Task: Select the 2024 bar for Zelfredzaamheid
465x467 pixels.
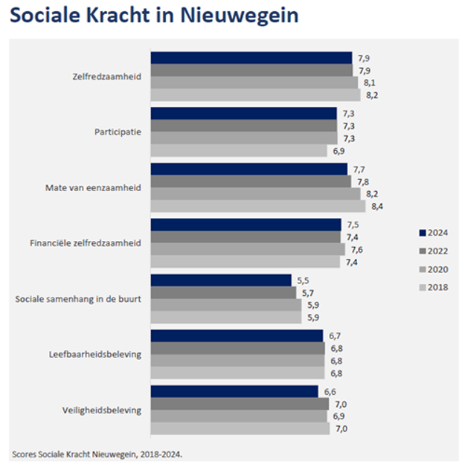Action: click(x=251, y=58)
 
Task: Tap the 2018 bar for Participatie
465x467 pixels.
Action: click(x=239, y=151)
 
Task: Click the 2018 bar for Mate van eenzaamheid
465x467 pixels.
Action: click(x=258, y=206)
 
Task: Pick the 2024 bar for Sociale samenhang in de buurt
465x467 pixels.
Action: click(x=221, y=280)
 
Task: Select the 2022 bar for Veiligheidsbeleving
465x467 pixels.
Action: click(x=240, y=404)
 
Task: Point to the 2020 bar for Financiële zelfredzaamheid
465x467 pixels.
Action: click(x=248, y=249)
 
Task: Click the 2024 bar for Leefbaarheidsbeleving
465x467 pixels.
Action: click(x=237, y=335)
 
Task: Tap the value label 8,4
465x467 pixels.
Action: click(x=376, y=206)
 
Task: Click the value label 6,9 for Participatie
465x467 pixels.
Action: click(x=339, y=151)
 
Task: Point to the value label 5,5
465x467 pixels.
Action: click(x=302, y=280)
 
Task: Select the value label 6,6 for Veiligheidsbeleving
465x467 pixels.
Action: click(x=330, y=391)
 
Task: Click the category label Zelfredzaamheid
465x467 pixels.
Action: click(x=107, y=76)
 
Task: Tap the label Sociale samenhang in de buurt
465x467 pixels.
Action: click(x=78, y=299)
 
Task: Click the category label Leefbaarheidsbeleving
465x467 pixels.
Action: click(x=94, y=354)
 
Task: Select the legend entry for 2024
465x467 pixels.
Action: click(x=432, y=232)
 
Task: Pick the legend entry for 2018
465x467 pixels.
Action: click(x=432, y=287)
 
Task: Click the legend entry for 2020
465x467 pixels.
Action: click(x=432, y=268)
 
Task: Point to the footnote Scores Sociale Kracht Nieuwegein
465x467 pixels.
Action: click(x=97, y=453)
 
